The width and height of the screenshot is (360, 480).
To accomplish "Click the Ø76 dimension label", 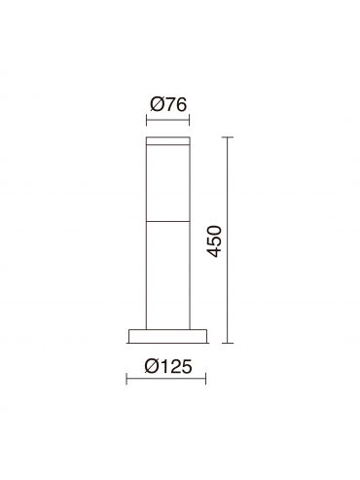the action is (x=168, y=105).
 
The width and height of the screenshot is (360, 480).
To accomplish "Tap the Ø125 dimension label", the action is (x=168, y=366).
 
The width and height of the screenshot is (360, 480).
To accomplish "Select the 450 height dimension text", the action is (x=214, y=241).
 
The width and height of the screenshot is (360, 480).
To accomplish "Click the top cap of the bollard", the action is (x=168, y=140).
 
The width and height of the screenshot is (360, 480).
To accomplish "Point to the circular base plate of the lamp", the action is (x=167, y=336).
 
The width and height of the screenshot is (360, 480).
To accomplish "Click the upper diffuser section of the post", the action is (x=168, y=183).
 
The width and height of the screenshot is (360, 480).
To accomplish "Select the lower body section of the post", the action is (x=168, y=276).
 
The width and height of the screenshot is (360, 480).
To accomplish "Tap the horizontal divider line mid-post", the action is (x=168, y=222).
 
